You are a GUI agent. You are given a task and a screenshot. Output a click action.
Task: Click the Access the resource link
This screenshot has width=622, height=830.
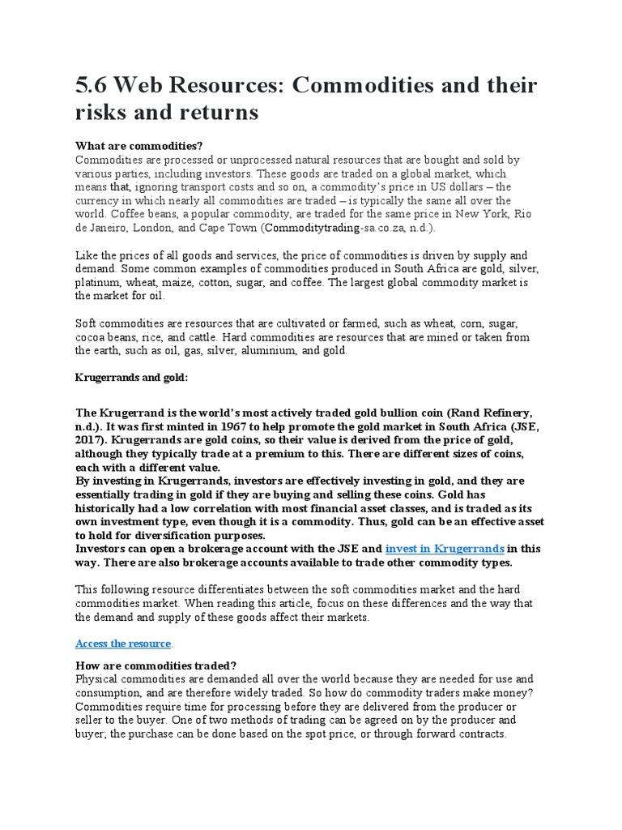tap(123, 644)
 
